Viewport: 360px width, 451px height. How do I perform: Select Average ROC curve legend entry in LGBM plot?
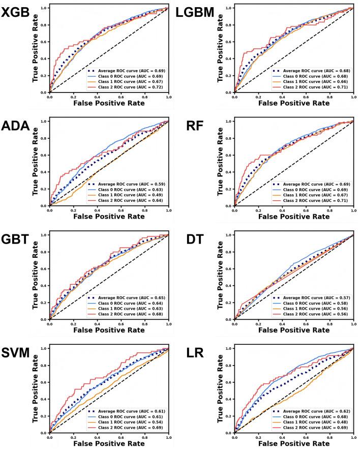[313, 71]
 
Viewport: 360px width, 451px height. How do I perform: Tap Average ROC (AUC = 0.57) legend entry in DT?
[313, 297]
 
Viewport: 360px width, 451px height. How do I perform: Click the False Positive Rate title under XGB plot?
[109, 103]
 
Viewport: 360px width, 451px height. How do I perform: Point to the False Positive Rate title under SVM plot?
[109, 444]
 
